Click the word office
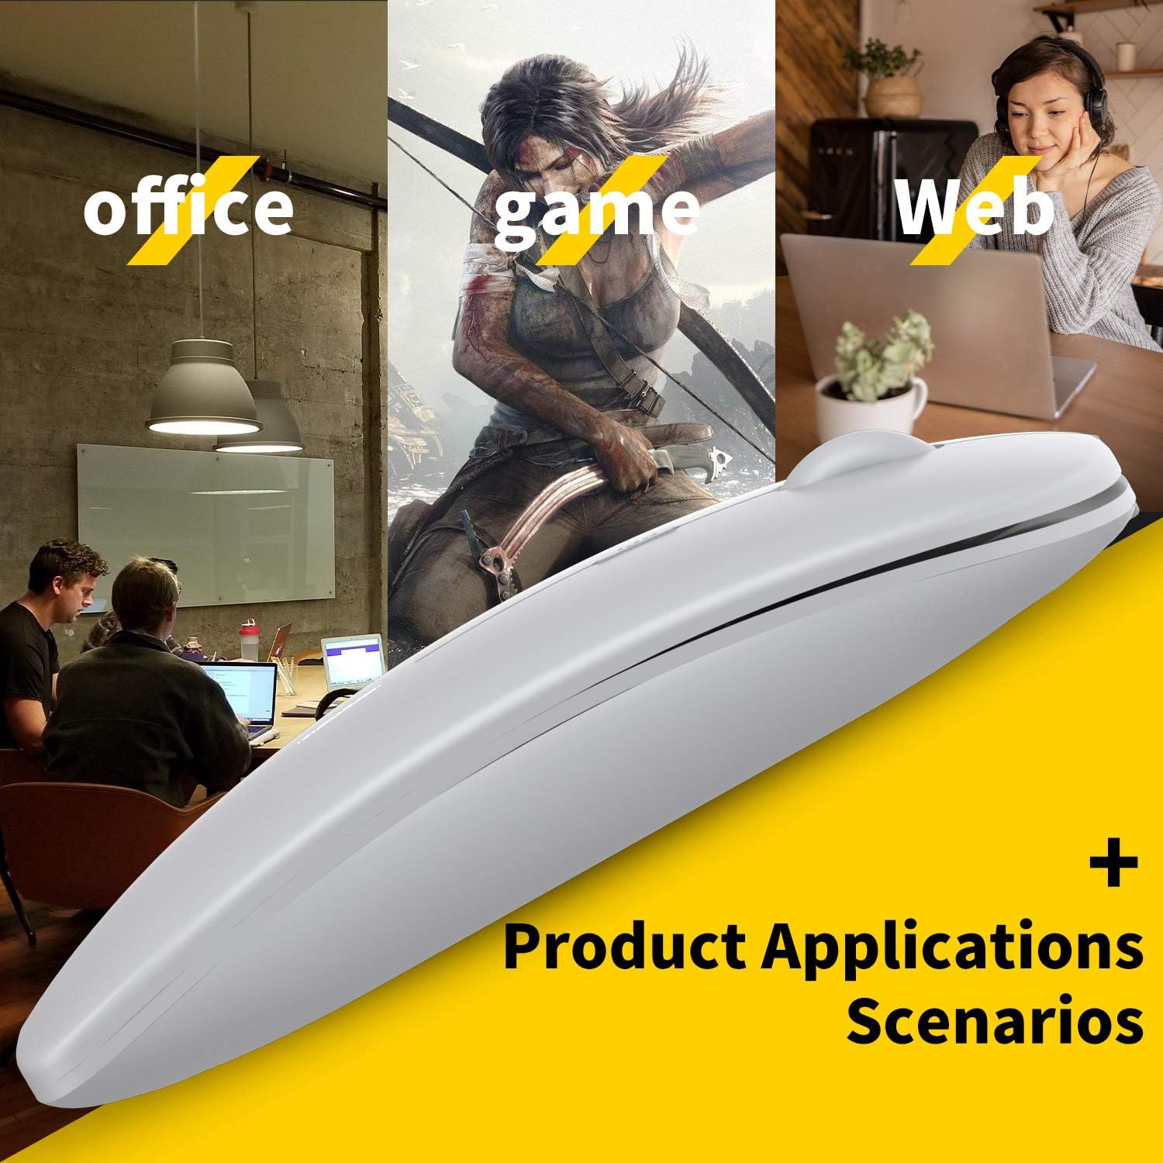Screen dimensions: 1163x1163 (x=188, y=207)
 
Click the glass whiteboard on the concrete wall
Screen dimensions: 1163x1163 (x=205, y=523)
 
